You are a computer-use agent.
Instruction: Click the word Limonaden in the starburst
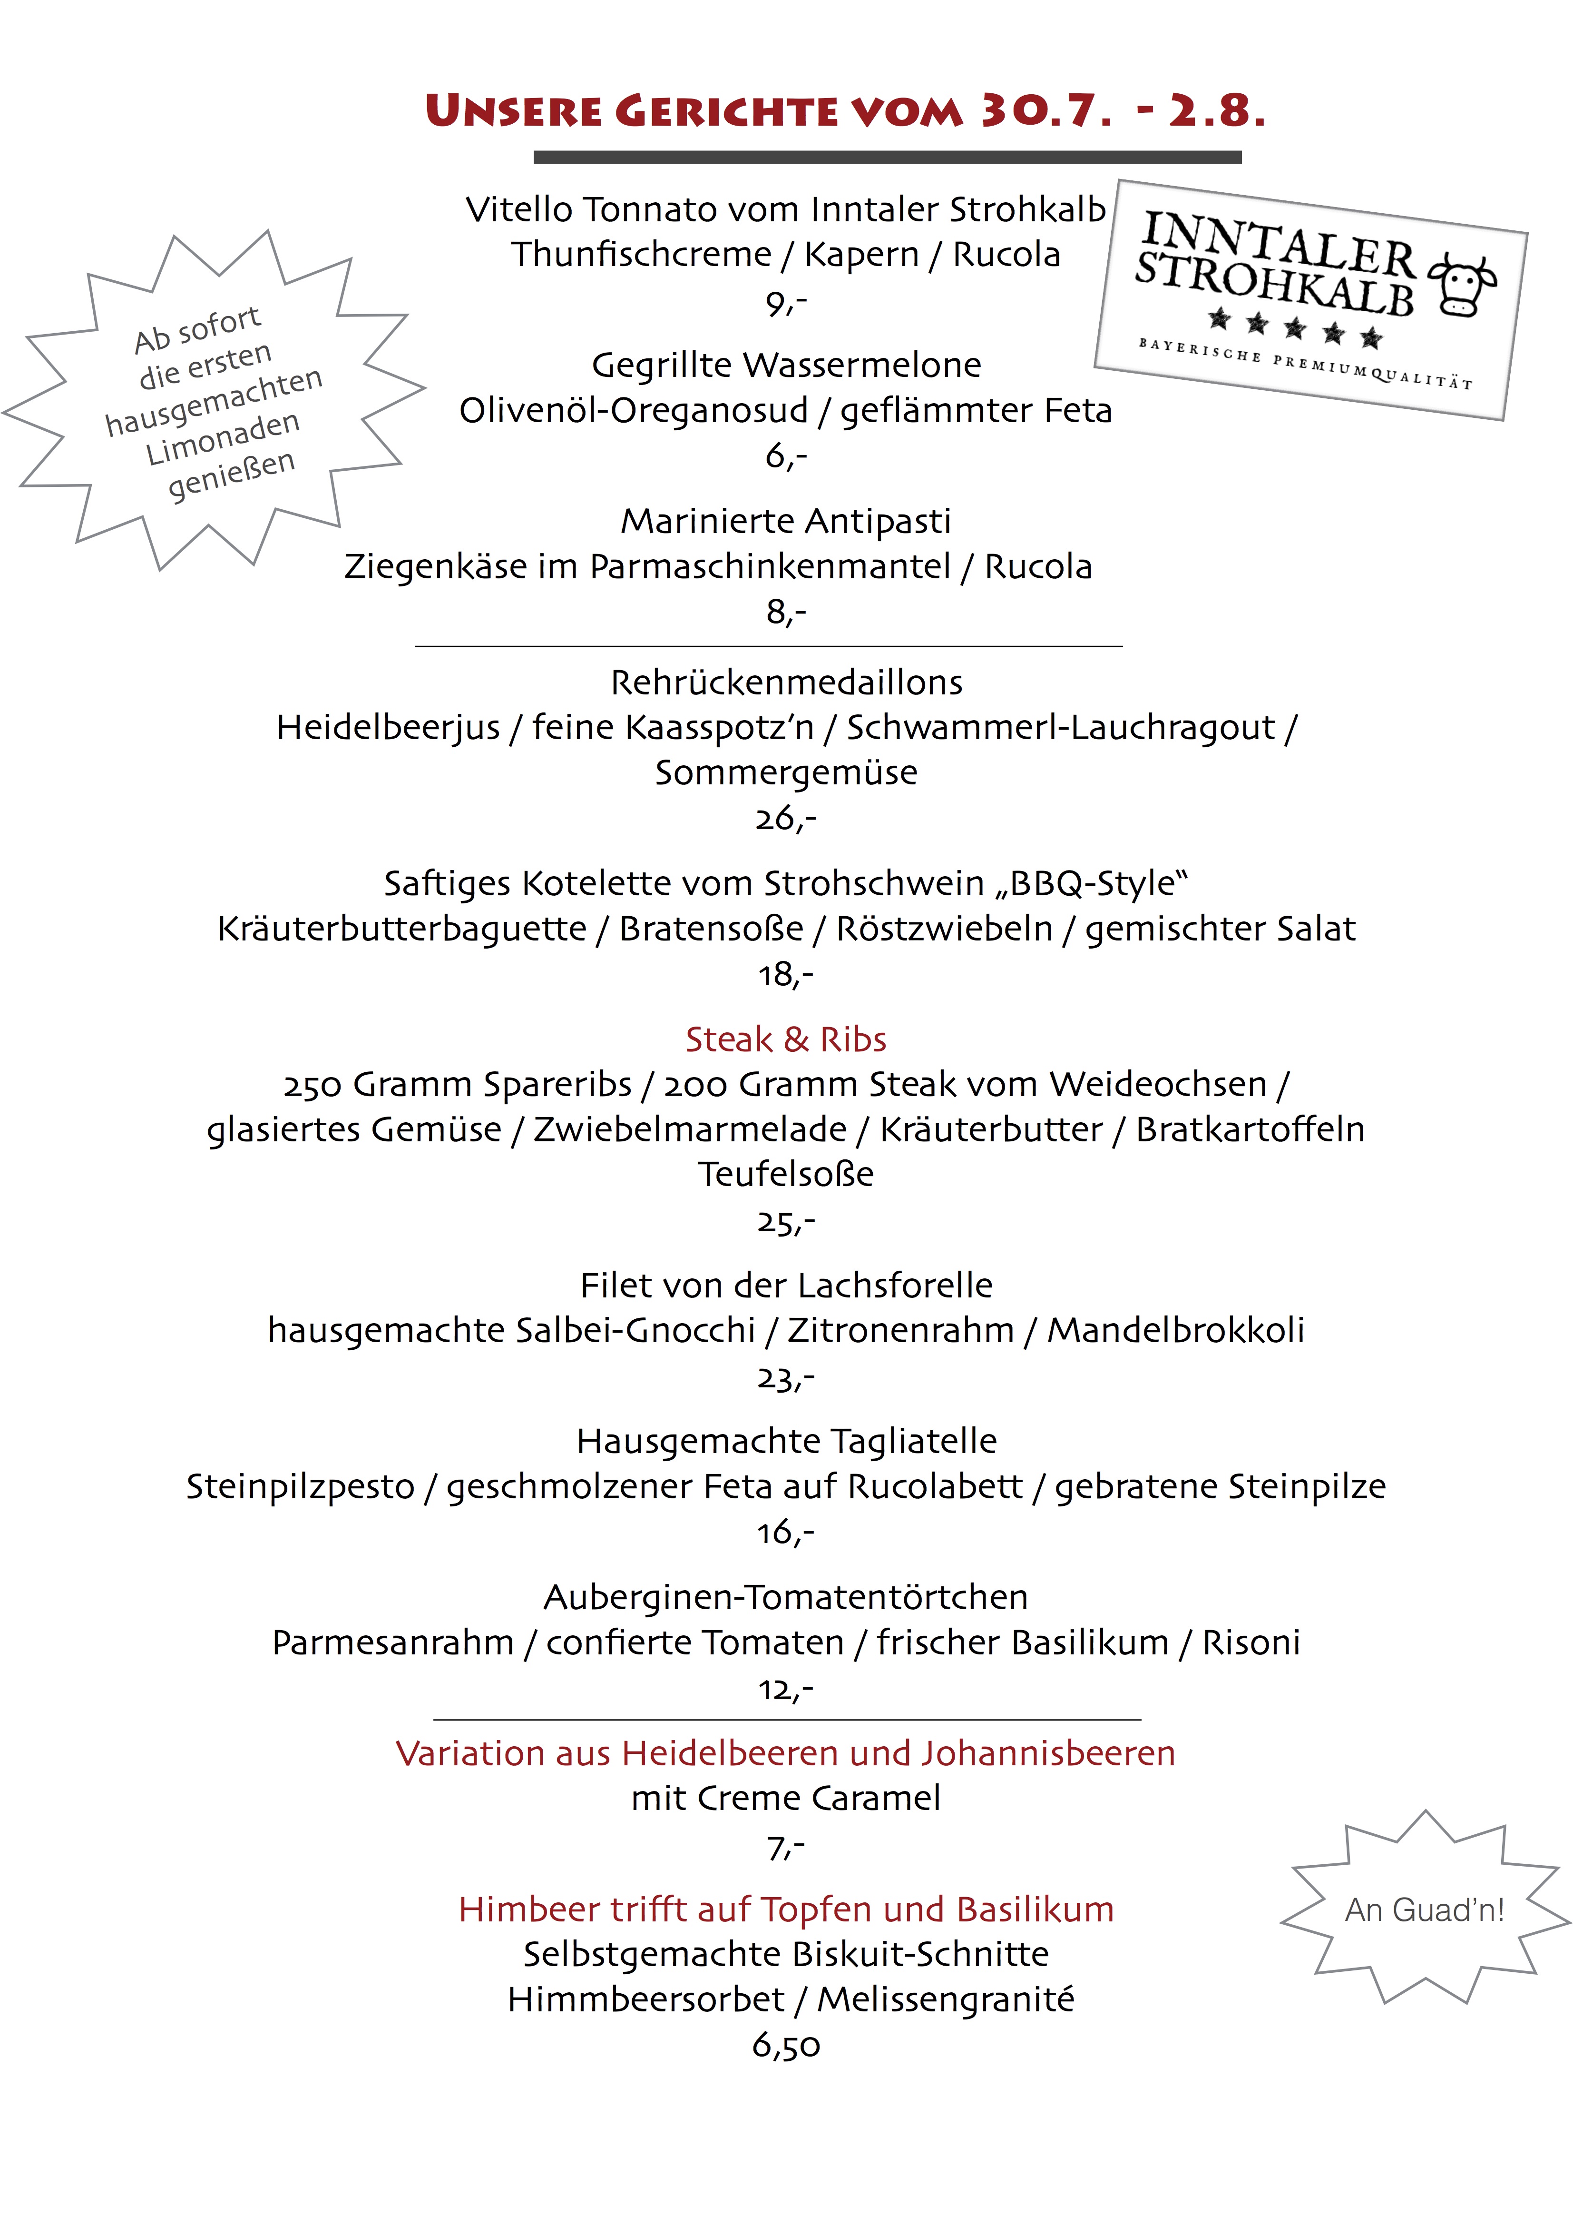click(x=223, y=438)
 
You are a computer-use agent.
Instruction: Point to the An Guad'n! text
click(x=1424, y=1910)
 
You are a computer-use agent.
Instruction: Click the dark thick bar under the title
click(x=887, y=157)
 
